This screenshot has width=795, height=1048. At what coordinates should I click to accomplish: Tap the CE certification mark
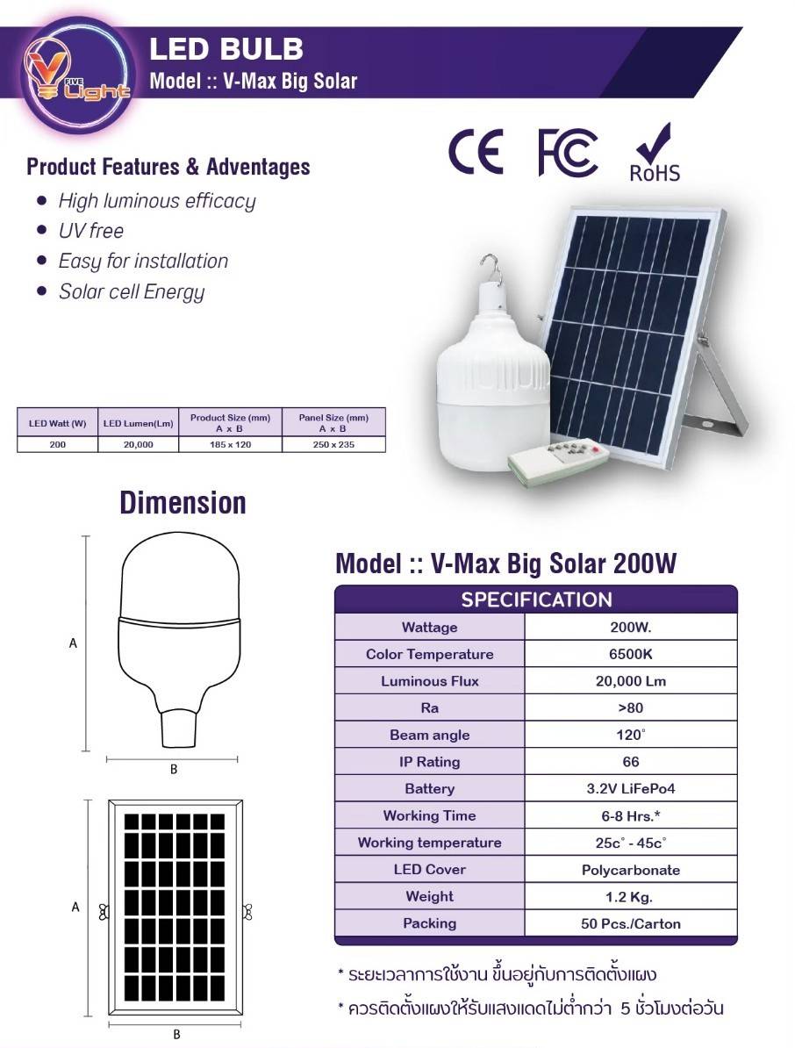[476, 152]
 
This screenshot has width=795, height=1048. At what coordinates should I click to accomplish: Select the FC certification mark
[568, 153]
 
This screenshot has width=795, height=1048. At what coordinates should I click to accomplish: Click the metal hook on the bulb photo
[491, 268]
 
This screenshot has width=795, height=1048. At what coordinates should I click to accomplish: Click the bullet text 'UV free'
[91, 231]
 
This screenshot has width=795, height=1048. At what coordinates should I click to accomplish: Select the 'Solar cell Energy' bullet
[132, 291]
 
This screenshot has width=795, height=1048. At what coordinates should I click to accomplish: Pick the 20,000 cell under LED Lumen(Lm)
[139, 444]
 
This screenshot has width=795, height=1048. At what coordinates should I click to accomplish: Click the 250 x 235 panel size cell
[333, 444]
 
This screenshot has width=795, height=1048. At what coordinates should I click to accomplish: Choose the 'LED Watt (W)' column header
[57, 423]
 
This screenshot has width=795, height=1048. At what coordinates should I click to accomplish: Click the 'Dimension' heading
[183, 503]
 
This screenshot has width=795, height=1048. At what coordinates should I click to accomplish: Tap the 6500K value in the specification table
[631, 654]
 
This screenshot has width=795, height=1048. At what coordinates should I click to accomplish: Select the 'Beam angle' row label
[430, 736]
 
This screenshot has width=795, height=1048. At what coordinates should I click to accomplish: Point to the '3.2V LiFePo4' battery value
[631, 789]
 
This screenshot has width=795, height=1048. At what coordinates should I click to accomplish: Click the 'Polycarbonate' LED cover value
[631, 870]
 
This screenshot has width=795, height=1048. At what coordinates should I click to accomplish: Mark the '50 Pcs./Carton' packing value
[631, 923]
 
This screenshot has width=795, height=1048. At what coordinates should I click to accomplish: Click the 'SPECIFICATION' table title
[536, 599]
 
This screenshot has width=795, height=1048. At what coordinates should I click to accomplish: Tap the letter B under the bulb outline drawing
[174, 769]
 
